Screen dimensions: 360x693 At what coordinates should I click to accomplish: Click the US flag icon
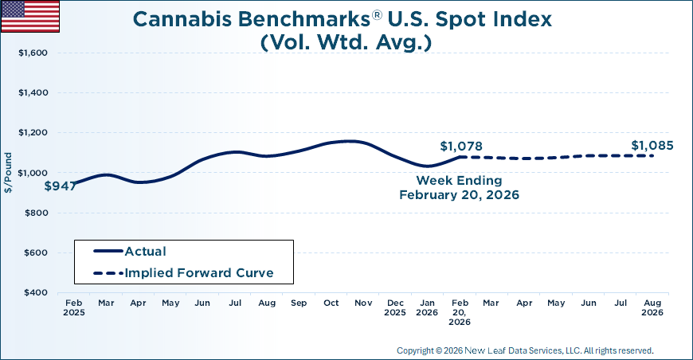30,17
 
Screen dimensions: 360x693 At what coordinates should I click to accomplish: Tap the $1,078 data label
461,147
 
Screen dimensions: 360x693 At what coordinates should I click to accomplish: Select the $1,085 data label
652,146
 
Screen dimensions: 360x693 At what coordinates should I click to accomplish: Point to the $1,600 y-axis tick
33,53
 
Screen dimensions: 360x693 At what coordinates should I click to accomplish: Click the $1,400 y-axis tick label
33,93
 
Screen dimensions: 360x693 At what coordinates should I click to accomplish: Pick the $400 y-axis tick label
36,293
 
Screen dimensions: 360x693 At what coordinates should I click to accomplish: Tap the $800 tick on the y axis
36,213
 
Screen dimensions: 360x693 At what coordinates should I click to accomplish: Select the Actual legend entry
145,251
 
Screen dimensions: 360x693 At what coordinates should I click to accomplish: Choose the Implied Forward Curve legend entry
199,272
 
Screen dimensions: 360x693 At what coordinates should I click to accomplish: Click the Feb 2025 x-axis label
73,308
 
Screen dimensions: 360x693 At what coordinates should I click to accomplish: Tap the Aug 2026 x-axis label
652,308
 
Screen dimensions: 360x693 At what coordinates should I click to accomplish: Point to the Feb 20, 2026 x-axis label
460,312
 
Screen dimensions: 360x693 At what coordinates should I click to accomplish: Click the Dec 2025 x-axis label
396,308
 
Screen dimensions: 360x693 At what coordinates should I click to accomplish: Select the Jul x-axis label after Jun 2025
235,303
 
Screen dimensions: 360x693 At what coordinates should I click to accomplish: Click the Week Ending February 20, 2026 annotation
459,188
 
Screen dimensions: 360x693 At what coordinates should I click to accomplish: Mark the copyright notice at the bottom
525,350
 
